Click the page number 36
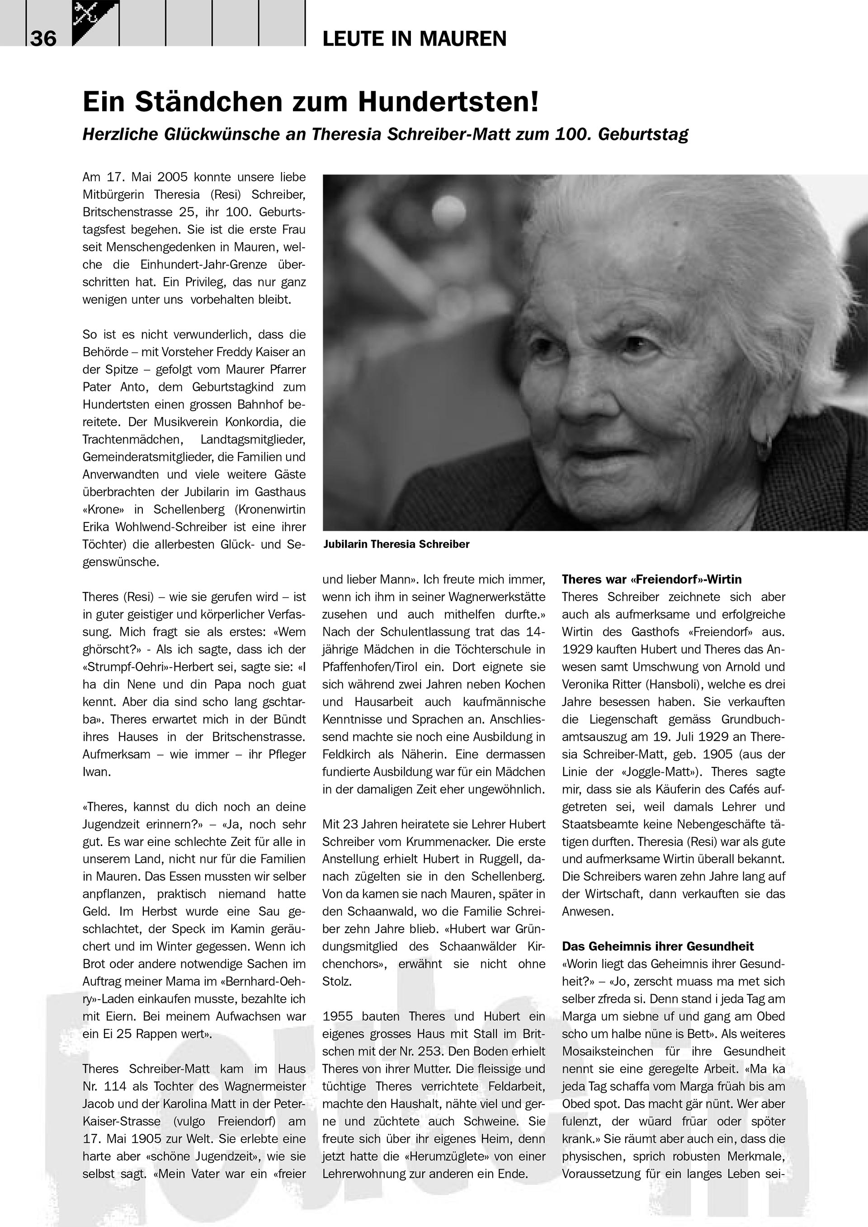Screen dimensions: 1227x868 point(43,38)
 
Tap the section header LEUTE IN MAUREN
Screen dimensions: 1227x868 point(414,39)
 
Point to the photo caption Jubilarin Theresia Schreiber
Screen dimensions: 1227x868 point(396,545)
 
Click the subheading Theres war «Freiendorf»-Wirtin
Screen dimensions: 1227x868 point(651,579)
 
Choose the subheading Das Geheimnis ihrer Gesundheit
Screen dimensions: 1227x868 point(657,946)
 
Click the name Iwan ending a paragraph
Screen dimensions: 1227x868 point(96,772)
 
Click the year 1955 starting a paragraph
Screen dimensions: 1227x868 point(338,1016)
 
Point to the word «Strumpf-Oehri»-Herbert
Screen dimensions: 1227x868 point(139,667)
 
